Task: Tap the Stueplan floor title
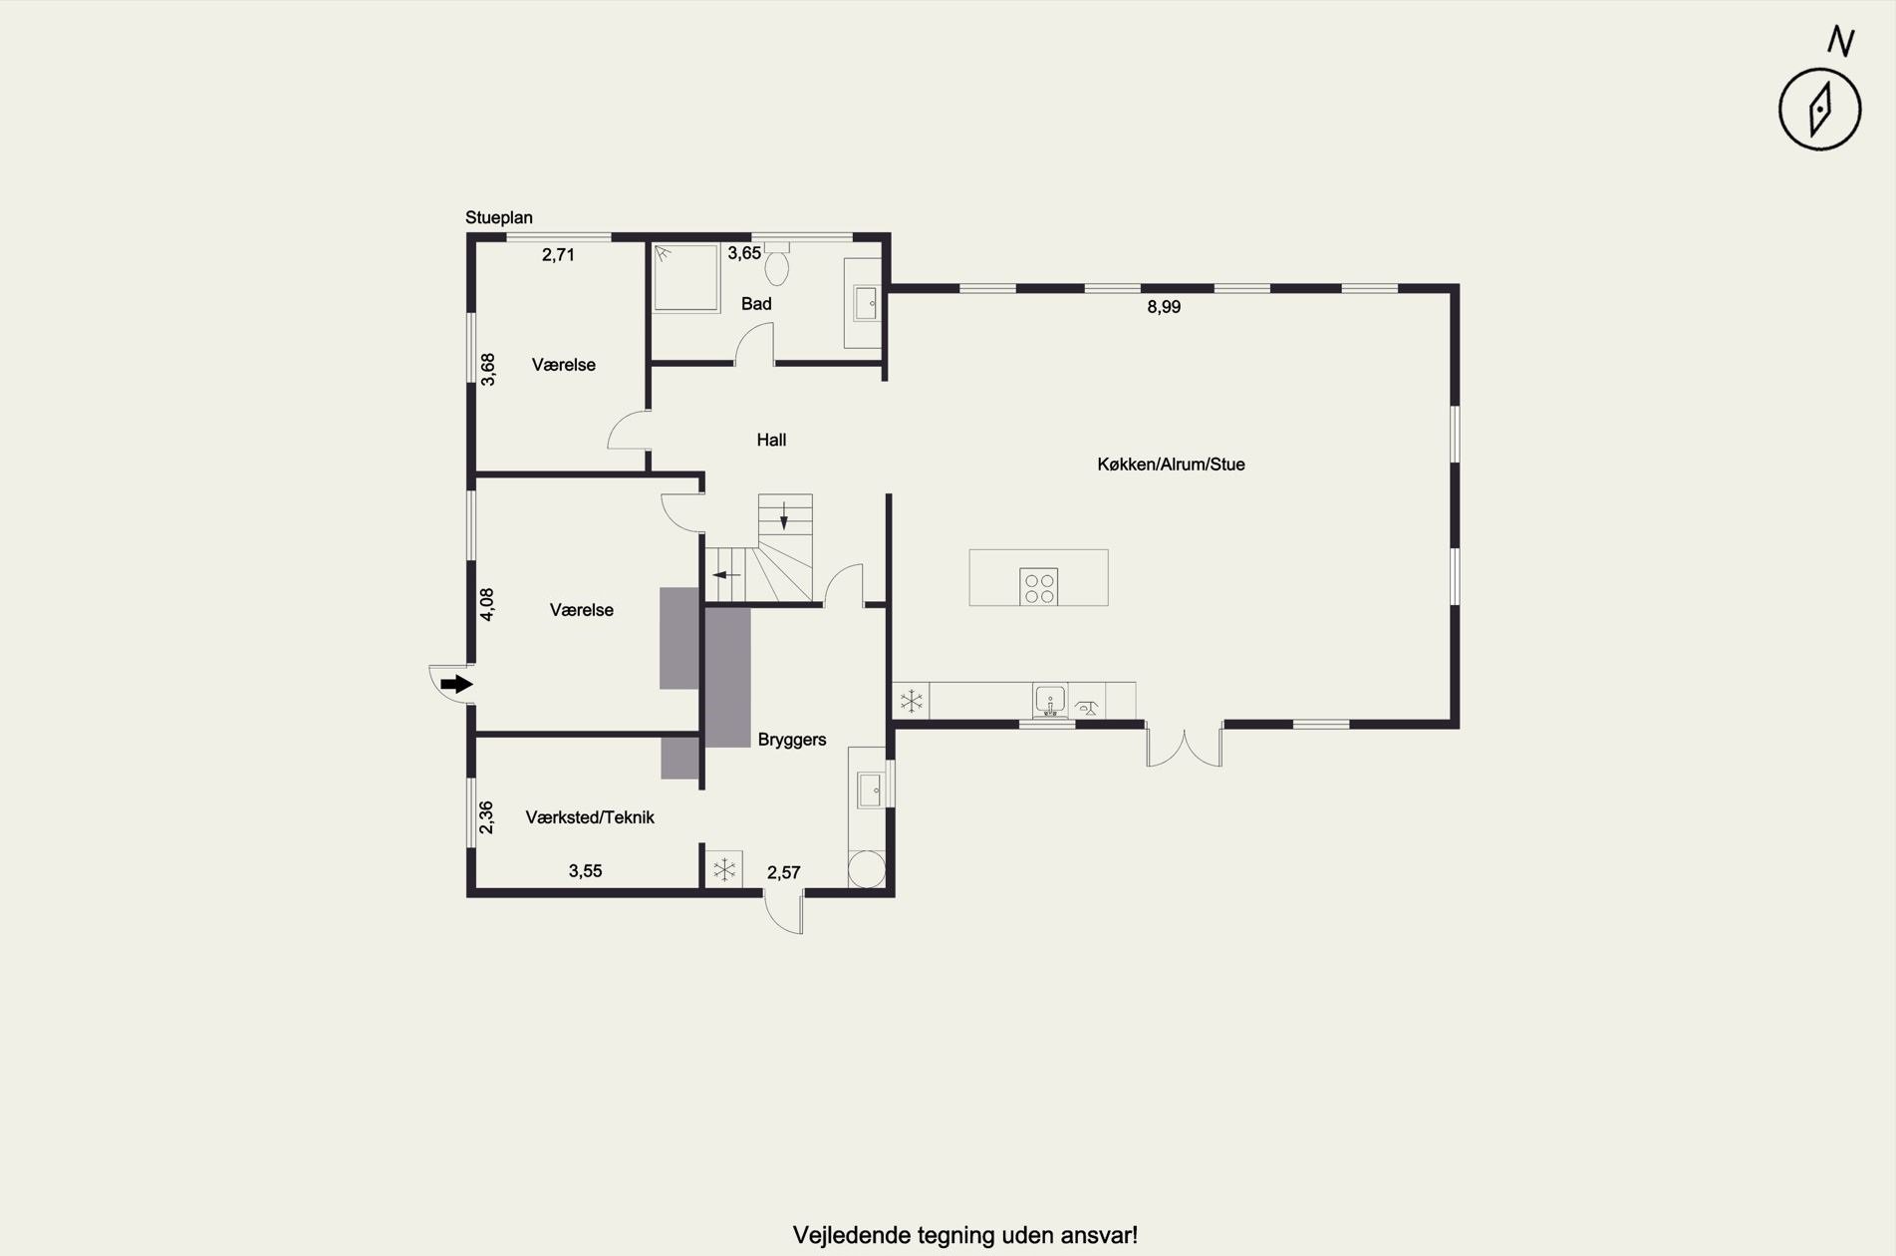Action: coord(499,217)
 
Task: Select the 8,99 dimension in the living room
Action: coord(1164,307)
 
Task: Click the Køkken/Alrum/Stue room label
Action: coord(1171,465)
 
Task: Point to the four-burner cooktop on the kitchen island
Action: coord(1039,587)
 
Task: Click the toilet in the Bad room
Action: coord(777,263)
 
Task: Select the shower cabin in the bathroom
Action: coord(685,277)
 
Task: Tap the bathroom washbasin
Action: coord(866,303)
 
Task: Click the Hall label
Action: coord(771,440)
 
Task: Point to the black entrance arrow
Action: coord(456,684)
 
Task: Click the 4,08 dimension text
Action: coord(487,605)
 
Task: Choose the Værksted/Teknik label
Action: coord(590,817)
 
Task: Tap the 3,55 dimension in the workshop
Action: coord(586,871)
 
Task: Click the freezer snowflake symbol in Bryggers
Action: coord(724,869)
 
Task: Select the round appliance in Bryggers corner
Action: coord(866,868)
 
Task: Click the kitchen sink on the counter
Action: coord(1050,700)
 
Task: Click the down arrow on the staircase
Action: coord(784,515)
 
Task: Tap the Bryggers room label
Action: coord(792,740)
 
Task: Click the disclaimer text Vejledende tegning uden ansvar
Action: coord(964,1236)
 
